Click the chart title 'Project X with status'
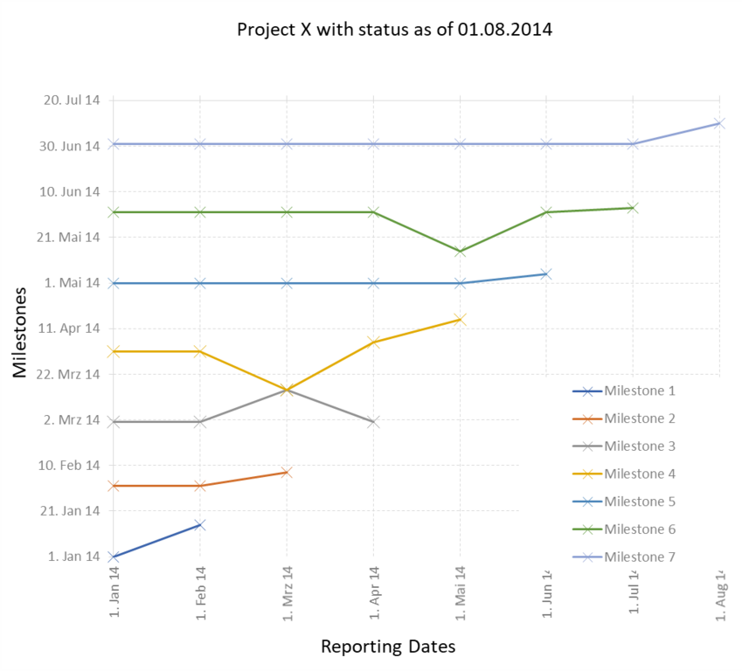coord(394,29)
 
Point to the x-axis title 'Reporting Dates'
coord(388,647)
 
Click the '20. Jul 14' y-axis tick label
coord(72,100)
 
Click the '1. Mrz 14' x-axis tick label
coord(287,591)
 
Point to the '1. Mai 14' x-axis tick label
coord(460,591)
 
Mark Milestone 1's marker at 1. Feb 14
coord(200,525)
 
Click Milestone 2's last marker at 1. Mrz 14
coord(287,473)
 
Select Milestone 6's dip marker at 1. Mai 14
coord(460,252)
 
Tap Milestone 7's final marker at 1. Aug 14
coord(718,123)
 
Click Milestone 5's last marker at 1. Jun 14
coord(546,274)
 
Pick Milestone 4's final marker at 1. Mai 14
coord(460,320)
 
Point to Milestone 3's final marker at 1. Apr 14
coord(373,422)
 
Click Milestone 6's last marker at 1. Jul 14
coord(633,208)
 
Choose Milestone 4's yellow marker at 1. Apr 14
coord(373,342)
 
